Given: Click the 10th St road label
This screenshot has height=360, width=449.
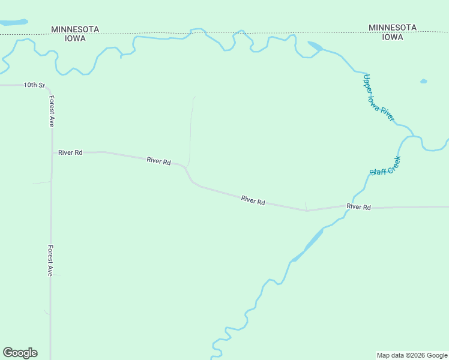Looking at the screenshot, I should tap(34, 85).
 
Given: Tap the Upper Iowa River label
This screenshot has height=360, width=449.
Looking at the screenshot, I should tap(379, 98).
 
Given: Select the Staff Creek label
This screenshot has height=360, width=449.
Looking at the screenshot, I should tap(385, 166).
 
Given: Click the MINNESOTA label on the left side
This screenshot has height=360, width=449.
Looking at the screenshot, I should tap(75, 29).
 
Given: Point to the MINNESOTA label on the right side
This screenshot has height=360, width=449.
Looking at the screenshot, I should tap(393, 28).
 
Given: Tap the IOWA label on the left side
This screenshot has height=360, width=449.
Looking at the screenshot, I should tap(75, 38).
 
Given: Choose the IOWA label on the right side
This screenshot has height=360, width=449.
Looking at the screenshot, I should tap(393, 37).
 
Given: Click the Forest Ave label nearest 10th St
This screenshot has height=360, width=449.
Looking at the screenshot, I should tap(52, 112).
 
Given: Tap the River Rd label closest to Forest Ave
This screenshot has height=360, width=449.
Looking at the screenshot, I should tap(70, 152).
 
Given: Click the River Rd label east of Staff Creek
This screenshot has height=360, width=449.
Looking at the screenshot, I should tap(358, 207).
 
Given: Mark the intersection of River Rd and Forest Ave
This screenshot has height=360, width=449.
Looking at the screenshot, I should tap(51, 152).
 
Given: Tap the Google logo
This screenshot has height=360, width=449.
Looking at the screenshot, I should tap(20, 353).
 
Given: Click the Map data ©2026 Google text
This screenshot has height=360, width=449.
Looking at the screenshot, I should tap(412, 355).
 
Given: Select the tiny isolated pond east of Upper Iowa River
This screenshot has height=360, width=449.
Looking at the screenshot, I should tap(423, 81).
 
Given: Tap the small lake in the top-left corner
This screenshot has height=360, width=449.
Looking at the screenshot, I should tap(13, 22).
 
